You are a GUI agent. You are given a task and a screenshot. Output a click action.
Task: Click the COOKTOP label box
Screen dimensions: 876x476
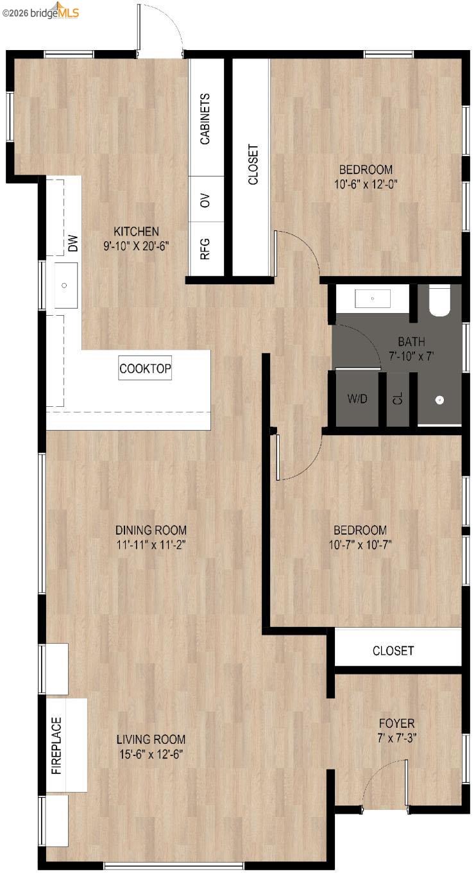click(146, 369)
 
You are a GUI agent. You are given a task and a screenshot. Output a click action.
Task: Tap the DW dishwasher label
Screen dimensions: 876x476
click(73, 243)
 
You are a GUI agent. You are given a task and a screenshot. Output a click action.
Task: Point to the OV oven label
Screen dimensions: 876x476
click(205, 200)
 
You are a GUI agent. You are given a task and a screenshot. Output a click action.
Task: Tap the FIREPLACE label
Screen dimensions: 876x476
click(57, 746)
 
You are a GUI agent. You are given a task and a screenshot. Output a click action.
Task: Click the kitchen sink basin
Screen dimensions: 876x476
click(64, 286)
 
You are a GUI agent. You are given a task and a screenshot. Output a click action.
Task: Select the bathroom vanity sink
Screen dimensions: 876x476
click(373, 298)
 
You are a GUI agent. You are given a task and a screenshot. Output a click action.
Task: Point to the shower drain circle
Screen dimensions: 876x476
click(439, 400)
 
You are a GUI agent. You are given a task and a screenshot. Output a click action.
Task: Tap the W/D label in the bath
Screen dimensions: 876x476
click(357, 399)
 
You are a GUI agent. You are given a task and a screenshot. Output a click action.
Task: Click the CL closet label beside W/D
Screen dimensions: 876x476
click(398, 399)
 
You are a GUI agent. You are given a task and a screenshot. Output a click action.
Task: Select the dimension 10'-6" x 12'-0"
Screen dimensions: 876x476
click(366, 183)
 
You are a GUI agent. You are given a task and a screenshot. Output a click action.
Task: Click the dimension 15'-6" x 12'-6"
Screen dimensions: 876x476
click(151, 754)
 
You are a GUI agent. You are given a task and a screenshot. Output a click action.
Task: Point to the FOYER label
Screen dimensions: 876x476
click(396, 723)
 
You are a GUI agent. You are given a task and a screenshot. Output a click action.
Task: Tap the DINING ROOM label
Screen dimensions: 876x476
click(151, 530)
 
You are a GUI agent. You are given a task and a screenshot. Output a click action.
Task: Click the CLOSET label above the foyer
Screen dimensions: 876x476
click(393, 651)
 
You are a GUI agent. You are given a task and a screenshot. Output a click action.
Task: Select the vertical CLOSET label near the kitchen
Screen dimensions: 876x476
click(253, 165)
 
